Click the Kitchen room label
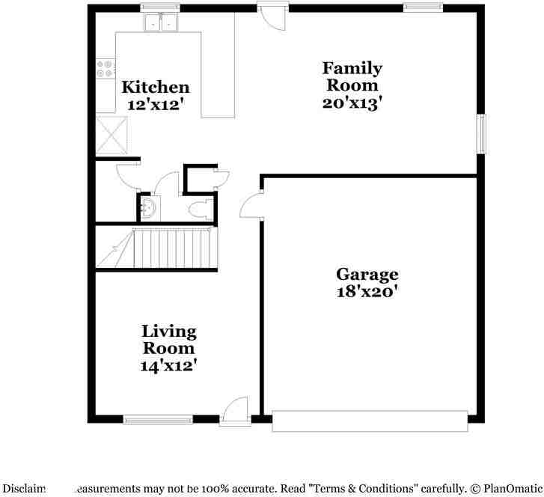155,87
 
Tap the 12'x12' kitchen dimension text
155,106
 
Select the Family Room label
352,76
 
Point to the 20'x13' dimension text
352,103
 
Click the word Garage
366,274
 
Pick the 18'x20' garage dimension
366,291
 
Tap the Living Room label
169,339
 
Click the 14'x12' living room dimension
168,365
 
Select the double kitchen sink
160,23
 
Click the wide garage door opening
370,421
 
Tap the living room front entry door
235,411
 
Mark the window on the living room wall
158,420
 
